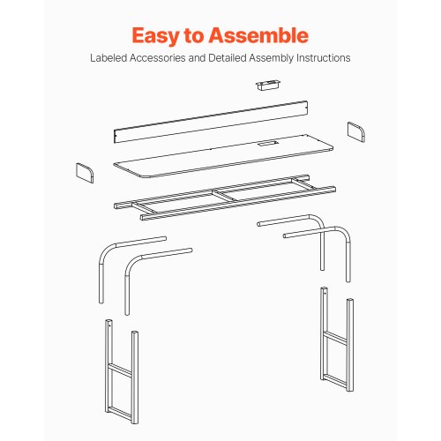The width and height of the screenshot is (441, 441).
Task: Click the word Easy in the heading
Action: click(x=155, y=36)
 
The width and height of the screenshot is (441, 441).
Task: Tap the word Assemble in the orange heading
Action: click(x=258, y=35)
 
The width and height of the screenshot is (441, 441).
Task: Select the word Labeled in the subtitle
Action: click(x=108, y=58)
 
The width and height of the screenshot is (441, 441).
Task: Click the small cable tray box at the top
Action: click(x=267, y=85)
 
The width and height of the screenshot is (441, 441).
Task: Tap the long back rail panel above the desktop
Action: click(x=211, y=122)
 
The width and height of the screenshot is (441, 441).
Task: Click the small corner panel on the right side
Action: click(x=356, y=132)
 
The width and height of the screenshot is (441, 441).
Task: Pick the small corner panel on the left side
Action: click(x=85, y=173)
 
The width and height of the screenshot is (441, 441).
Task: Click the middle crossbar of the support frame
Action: click(x=225, y=196)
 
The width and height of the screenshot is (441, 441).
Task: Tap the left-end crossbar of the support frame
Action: click(x=144, y=207)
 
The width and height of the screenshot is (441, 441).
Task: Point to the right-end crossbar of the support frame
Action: click(x=305, y=184)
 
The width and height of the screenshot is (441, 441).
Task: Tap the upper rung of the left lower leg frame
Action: click(x=121, y=370)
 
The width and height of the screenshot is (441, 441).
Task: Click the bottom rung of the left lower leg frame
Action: click(x=120, y=413)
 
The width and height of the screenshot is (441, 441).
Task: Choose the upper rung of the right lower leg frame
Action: click(x=336, y=338)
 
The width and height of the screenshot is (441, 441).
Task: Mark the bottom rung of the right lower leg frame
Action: click(x=336, y=380)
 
